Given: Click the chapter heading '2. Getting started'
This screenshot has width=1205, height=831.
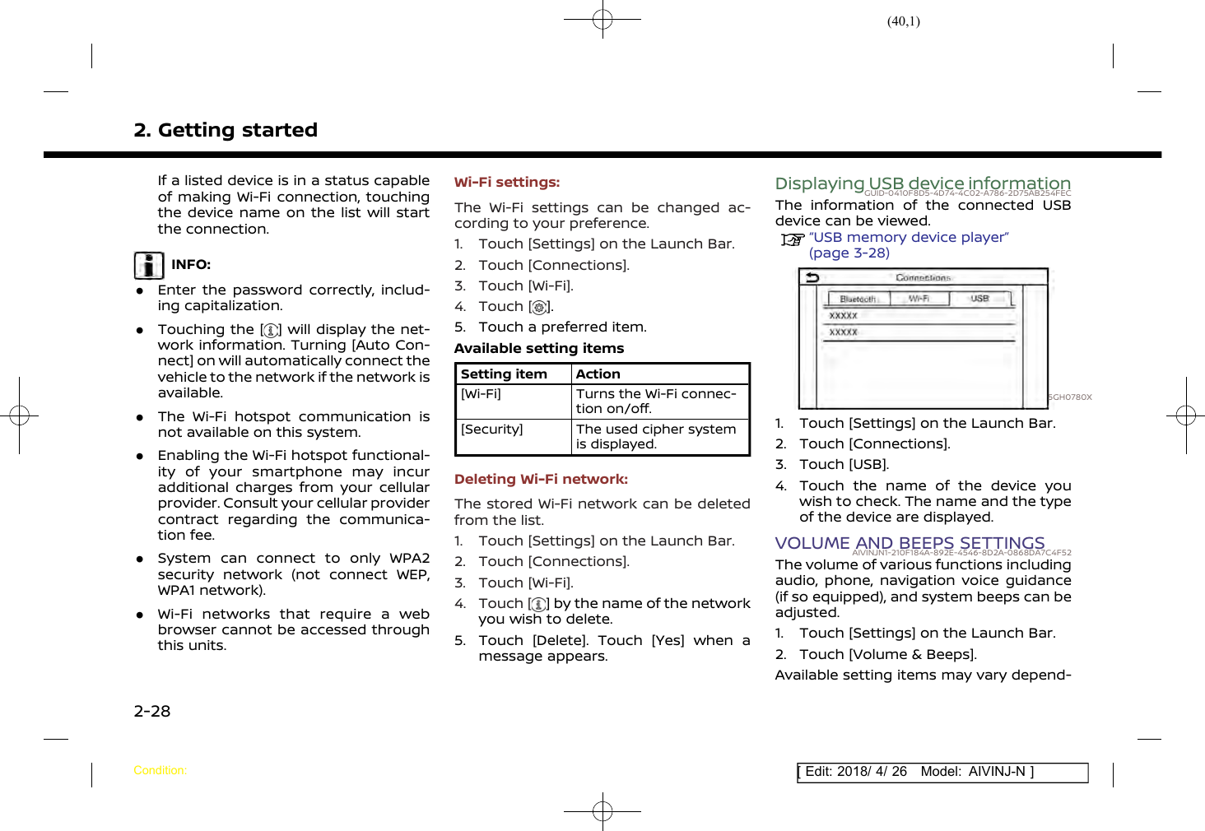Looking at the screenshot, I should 226,130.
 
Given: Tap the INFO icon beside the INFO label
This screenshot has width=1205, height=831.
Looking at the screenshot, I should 149,266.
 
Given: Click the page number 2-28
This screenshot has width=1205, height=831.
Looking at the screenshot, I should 152,711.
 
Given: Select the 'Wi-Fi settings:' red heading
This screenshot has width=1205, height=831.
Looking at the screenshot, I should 507,183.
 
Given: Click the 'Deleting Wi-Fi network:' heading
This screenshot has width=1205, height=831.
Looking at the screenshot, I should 541,479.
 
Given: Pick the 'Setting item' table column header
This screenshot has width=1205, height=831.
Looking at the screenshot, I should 504,374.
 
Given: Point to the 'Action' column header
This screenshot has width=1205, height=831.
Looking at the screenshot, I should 598,374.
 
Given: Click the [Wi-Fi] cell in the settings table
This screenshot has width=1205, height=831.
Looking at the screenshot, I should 482,394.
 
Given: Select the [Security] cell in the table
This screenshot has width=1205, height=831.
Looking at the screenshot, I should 492,429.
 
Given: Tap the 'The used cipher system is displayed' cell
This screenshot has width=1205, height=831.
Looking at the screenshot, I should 656,437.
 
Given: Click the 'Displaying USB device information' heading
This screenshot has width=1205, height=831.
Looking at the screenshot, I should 922,183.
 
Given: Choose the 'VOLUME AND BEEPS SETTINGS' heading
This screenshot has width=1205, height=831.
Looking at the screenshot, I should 910,543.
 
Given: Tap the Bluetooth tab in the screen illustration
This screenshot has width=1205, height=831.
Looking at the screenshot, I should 858,299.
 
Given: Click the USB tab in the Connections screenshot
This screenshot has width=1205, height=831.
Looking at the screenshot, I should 979,299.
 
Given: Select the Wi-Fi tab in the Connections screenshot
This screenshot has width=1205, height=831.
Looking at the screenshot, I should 919,299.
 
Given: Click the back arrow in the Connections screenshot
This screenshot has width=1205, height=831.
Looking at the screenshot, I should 812,277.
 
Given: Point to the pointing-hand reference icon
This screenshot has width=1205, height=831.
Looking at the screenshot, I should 793,239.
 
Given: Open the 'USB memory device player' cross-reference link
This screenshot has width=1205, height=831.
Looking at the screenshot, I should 909,238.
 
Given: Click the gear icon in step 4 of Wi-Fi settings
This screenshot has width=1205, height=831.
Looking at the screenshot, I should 539,308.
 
